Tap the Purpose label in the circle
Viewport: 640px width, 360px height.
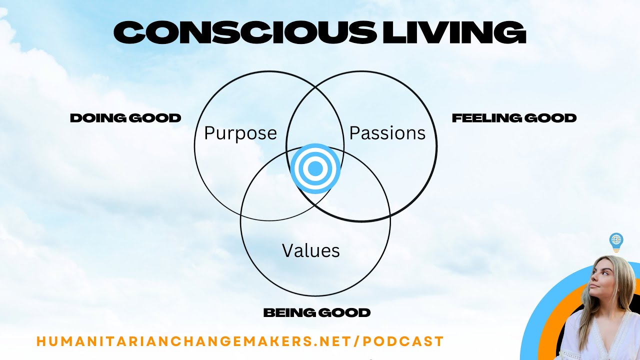(240, 133)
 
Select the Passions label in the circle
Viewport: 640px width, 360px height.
(387, 133)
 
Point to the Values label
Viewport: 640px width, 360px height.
(311, 250)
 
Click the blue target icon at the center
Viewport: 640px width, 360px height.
(315, 169)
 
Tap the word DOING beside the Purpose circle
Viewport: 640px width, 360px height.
(97, 118)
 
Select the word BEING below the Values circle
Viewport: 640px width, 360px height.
(287, 313)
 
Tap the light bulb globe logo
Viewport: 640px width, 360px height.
(616, 240)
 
